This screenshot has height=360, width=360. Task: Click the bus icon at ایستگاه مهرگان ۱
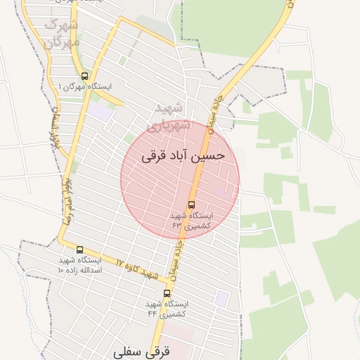[84, 76]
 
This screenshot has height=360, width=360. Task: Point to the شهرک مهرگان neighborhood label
[62, 32]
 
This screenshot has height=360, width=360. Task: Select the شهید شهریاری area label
[171, 117]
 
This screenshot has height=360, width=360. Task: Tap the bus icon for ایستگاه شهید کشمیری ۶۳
[192, 205]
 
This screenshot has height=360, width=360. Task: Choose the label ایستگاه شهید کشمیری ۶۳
[192, 220]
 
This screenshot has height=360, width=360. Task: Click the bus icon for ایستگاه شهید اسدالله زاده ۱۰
[79, 250]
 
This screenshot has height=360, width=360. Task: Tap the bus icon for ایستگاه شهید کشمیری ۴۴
[167, 293]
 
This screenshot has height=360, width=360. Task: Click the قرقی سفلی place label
[141, 349]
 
